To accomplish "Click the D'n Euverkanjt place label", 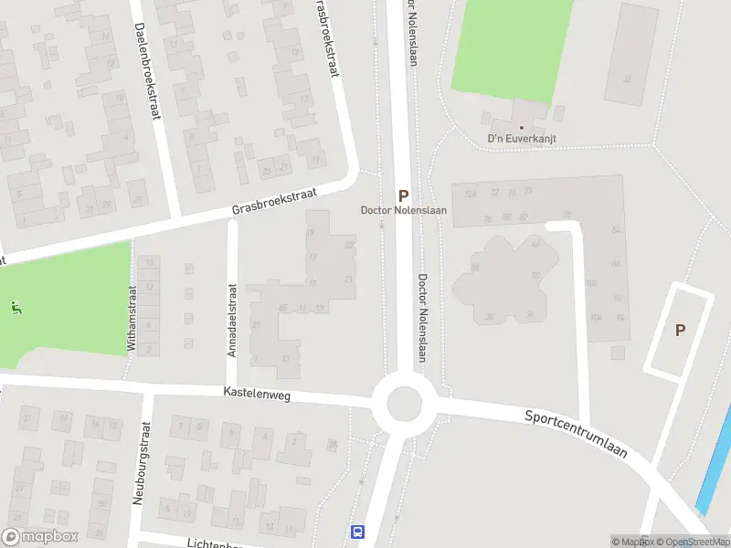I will [522, 139].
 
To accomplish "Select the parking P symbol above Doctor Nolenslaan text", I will [403, 195].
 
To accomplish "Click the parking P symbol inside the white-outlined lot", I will [680, 330].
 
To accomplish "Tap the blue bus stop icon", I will [357, 532].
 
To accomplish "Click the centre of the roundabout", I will [404, 401].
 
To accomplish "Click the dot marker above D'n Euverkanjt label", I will [522, 128].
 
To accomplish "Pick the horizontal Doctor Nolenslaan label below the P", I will [403, 211].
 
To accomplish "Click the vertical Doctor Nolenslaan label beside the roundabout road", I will [423, 318].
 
